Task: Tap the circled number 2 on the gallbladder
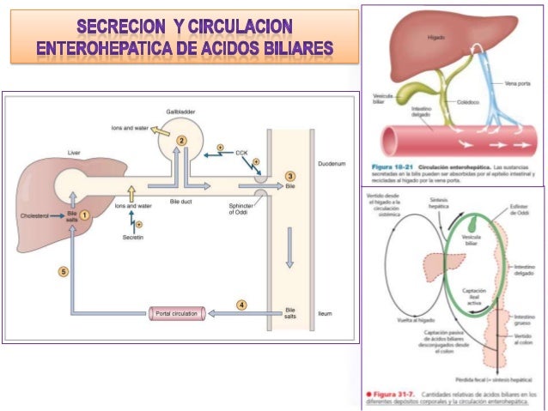click(181, 139)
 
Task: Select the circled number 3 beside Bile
click(290, 176)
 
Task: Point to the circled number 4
click(241, 305)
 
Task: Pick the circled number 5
click(62, 271)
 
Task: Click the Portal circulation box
click(176, 313)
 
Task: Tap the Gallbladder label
click(179, 112)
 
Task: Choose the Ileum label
click(324, 313)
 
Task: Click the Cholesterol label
click(35, 217)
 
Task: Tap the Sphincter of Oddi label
click(242, 209)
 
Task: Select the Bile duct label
click(181, 200)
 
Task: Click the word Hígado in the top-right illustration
click(435, 38)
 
